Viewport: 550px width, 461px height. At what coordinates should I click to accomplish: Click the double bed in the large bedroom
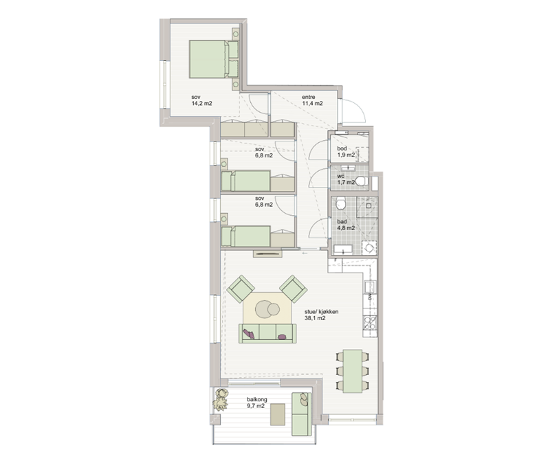(x=214, y=59)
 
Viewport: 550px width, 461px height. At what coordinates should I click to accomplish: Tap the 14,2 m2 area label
(x=201, y=104)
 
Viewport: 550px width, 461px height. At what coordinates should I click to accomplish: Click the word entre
(x=309, y=97)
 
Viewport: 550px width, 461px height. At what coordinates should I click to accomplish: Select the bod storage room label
(x=342, y=148)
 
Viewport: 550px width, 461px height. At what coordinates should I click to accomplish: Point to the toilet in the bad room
(x=340, y=203)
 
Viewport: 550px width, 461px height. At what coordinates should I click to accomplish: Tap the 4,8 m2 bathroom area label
(x=346, y=228)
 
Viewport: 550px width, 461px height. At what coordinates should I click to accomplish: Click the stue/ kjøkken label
(x=322, y=312)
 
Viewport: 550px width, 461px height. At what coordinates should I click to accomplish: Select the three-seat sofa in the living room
(x=267, y=333)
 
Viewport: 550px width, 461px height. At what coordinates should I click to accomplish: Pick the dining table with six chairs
(x=353, y=371)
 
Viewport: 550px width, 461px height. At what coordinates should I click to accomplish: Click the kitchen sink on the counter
(x=370, y=287)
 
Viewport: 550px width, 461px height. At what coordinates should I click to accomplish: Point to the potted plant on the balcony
(x=220, y=400)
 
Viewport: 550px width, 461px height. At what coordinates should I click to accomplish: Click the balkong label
(x=256, y=399)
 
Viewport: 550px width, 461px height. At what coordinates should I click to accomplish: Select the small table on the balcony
(x=278, y=415)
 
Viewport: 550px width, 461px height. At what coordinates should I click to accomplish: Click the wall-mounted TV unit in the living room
(x=267, y=254)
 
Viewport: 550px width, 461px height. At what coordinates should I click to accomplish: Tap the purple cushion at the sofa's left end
(x=249, y=333)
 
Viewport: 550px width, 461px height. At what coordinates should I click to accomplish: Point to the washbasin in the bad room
(x=342, y=249)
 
